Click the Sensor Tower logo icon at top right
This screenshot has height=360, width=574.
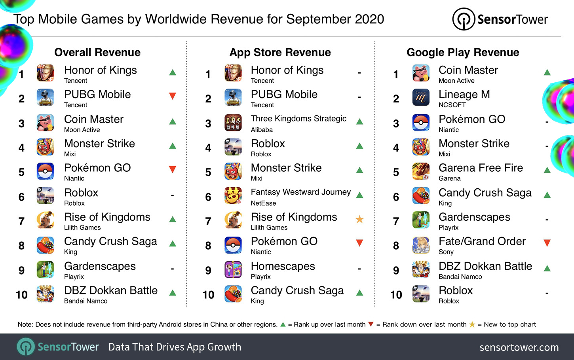(x=463, y=19)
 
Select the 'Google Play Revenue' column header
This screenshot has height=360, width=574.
(x=463, y=52)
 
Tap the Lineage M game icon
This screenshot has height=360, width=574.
(x=420, y=97)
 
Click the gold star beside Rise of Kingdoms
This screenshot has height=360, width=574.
(x=359, y=219)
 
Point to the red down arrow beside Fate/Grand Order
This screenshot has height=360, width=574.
(x=547, y=243)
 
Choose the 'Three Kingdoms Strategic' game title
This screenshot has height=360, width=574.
(x=298, y=119)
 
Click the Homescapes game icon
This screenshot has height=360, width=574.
(x=233, y=270)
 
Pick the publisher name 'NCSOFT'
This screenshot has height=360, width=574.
(x=452, y=105)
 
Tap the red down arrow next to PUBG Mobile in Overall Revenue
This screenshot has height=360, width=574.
(x=172, y=96)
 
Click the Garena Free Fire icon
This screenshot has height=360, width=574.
(x=420, y=171)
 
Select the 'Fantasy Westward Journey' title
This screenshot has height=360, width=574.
(x=301, y=192)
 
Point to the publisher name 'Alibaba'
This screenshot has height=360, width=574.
(x=262, y=130)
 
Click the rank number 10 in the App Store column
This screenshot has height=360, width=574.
(x=208, y=295)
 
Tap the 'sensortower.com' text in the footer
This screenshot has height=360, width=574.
(x=519, y=347)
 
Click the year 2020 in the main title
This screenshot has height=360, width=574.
(x=369, y=19)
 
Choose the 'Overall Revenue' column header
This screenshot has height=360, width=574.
(x=97, y=52)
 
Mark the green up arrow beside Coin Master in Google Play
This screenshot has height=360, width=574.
(x=547, y=72)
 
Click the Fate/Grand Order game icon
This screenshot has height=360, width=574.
(x=420, y=245)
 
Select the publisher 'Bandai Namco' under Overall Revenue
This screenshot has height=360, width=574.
(x=86, y=301)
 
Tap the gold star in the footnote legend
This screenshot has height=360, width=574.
(x=472, y=324)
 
